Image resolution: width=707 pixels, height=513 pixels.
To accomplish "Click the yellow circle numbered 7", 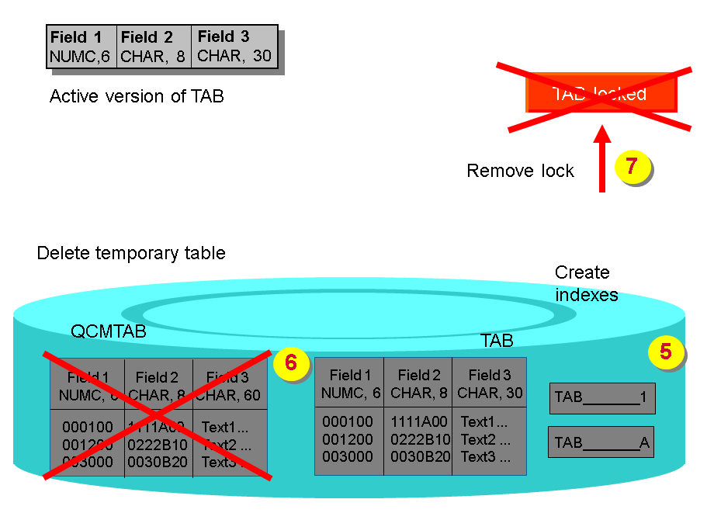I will (631, 165).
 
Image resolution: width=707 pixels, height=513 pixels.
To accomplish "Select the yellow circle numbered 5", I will (665, 352).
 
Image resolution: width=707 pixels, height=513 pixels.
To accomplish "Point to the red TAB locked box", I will (601, 93).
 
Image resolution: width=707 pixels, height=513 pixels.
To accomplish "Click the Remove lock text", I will (520, 171).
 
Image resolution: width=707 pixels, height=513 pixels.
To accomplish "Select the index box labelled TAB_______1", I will (601, 397).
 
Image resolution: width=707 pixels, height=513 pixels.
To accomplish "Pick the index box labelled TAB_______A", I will (601, 442).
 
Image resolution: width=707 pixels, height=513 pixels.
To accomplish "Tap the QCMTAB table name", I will (109, 332).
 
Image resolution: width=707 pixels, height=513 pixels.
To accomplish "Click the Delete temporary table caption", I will (131, 253).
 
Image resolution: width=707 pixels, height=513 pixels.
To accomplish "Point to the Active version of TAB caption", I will (137, 97).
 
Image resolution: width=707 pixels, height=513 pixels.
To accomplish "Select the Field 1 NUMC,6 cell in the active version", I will (82, 47).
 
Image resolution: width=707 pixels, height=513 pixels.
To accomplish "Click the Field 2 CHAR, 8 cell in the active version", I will (153, 47).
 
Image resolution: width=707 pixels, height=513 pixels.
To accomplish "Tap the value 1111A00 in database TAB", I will (418, 422).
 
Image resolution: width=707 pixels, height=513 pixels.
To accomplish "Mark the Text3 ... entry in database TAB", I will (486, 456).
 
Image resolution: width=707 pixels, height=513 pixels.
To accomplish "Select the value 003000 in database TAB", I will (347, 456).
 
